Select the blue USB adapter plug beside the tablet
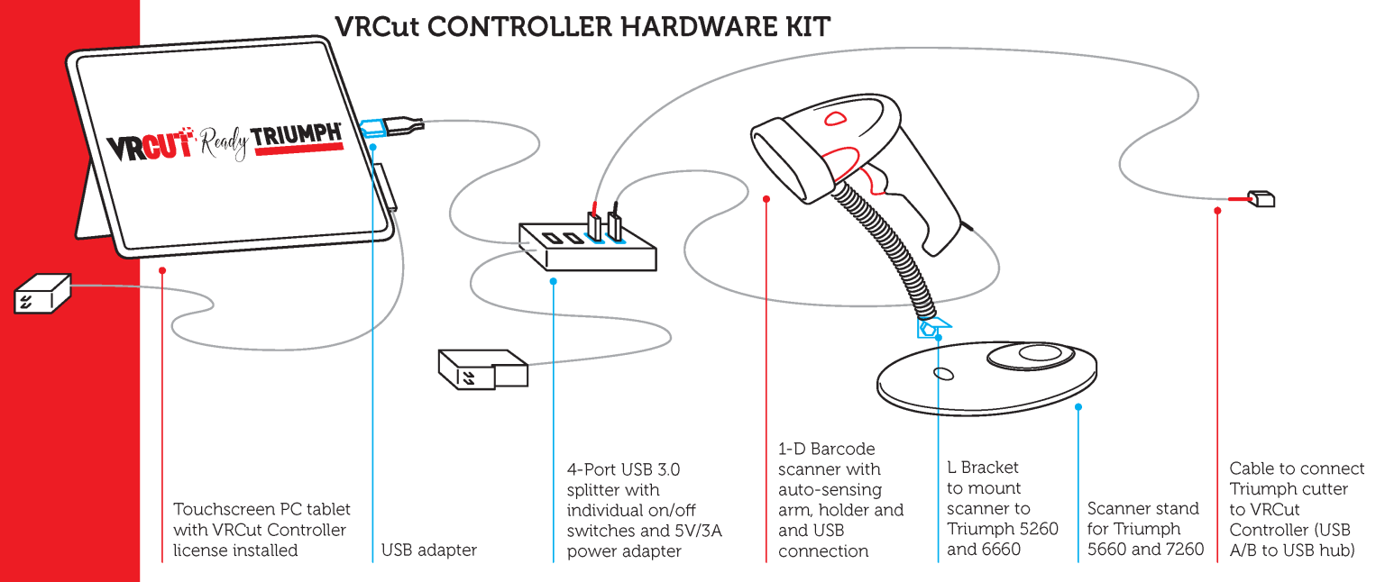tap(373, 127)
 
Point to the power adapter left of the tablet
tap(42, 294)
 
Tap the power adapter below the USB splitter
tap(482, 367)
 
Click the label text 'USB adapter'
tap(429, 550)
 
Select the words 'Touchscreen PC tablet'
tap(261, 509)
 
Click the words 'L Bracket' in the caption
tap(983, 468)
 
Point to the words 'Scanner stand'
tap(1143, 509)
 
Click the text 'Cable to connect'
tap(1297, 468)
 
